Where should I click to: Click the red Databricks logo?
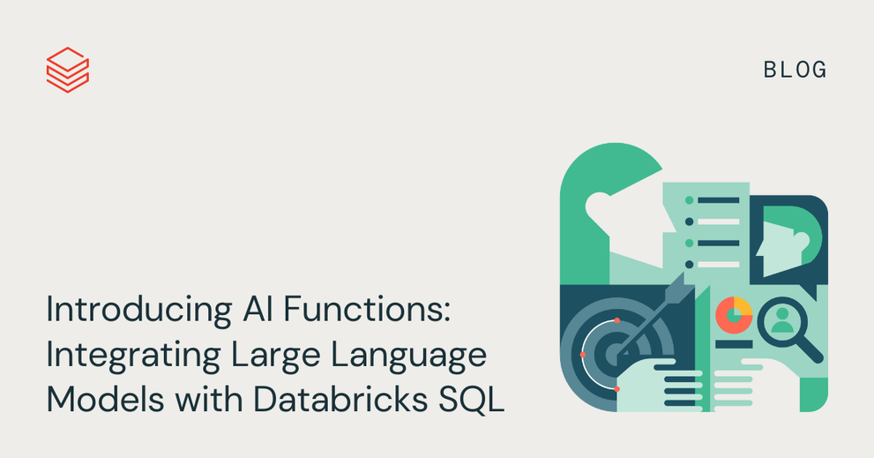pos(67,70)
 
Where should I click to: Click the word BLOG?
pos(795,71)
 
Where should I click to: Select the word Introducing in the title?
pos(138,310)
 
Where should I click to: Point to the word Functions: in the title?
pos(367,309)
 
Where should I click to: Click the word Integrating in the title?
pos(134,356)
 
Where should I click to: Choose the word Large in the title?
pos(275,356)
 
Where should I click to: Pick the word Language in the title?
pos(408,356)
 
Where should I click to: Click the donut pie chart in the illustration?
pos(734,316)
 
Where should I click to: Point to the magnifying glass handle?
pos(810,349)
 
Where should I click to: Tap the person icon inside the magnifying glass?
pos(782,320)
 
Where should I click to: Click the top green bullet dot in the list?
pos(689,200)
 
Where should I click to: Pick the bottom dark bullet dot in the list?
pos(689,265)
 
